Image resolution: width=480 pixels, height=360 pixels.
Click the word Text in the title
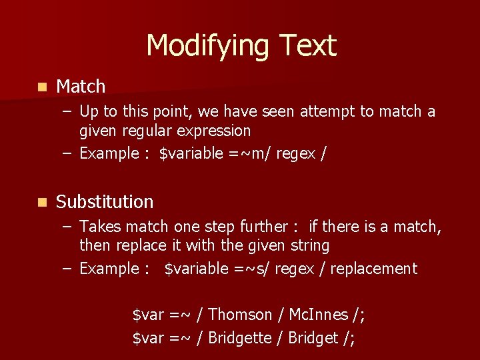[x=308, y=46]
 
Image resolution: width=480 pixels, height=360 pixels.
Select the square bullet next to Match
[x=42, y=87]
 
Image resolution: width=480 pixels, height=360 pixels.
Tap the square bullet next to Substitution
[x=42, y=202]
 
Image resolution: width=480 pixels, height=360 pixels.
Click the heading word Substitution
[x=105, y=202]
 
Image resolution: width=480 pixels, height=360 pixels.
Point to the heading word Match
[x=81, y=87]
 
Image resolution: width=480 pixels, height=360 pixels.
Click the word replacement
[x=373, y=269]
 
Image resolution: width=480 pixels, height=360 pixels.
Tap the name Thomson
[x=240, y=315]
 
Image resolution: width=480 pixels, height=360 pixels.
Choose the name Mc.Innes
[x=318, y=315]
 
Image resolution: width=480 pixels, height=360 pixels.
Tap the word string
[x=310, y=245]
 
